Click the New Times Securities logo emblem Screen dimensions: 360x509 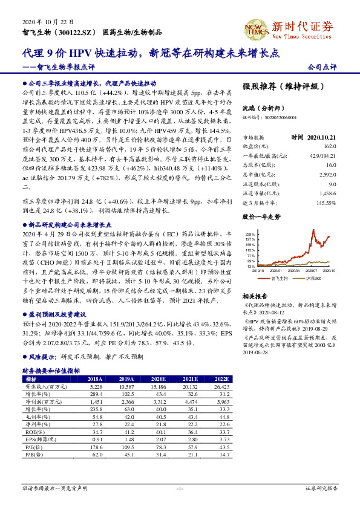pyautogui.click(x=252, y=27)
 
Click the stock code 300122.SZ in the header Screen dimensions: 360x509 pyautogui.click(x=74, y=31)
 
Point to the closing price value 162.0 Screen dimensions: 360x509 pyautogui.click(x=329, y=146)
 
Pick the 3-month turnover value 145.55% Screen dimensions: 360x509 pyautogui.click(x=325, y=203)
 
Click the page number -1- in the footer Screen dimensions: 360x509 pyautogui.click(x=179, y=487)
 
